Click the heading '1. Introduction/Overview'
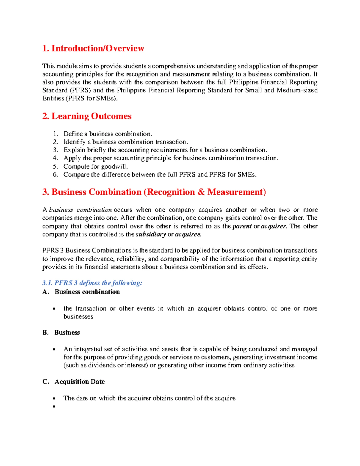[x=93, y=48]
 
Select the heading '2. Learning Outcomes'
[x=87, y=116]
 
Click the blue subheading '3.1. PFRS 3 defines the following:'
[x=92, y=283]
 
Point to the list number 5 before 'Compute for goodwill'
[x=55, y=167]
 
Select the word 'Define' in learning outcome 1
[x=73, y=134]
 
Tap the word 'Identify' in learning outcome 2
[x=74, y=142]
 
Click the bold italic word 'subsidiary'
[x=151, y=234]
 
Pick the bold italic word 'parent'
[x=242, y=226]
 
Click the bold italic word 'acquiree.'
[x=188, y=234]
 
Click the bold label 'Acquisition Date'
[x=79, y=382]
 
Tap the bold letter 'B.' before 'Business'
[x=45, y=332]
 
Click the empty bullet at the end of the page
[x=54, y=407]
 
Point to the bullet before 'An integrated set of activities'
[x=54, y=349]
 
